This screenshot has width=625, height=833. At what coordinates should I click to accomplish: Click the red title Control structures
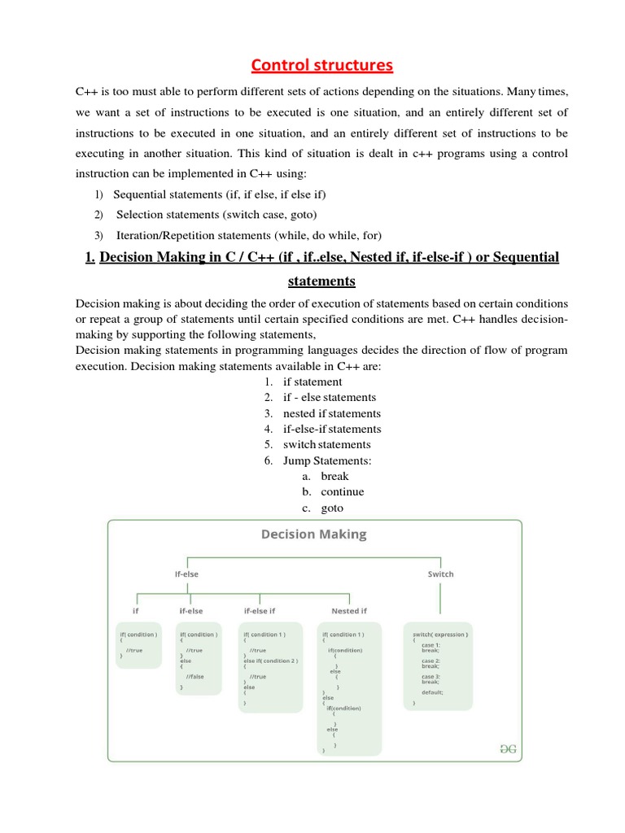tap(321, 64)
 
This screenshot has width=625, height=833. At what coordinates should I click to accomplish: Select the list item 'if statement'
tap(312, 382)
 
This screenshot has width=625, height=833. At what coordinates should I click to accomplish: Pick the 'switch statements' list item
tap(326, 444)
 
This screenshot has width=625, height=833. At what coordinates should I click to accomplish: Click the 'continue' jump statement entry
tap(343, 491)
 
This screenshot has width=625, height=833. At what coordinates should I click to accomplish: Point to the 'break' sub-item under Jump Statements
tap(334, 476)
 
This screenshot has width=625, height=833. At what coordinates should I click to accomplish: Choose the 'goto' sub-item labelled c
tap(332, 508)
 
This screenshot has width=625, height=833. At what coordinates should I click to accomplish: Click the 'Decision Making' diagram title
tap(313, 534)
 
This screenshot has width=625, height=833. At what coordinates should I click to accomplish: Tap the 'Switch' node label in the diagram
tap(440, 574)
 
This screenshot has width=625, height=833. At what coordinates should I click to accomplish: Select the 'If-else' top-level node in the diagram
tap(186, 574)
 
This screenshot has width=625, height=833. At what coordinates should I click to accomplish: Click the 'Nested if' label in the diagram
tap(349, 611)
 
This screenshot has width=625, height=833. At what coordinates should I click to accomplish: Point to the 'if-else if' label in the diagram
tap(259, 611)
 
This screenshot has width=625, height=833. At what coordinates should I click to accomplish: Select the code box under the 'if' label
tap(139, 645)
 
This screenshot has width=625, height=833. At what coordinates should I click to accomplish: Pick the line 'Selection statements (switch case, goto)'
tap(216, 215)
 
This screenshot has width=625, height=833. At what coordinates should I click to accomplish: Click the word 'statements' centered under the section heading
tap(321, 281)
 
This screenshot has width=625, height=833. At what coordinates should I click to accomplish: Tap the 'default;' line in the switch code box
tap(432, 692)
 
